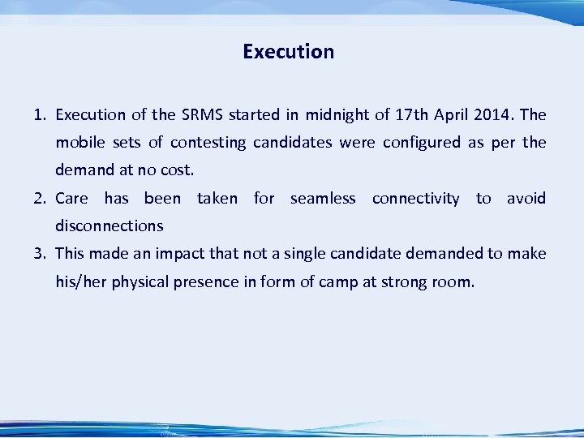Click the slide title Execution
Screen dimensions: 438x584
[288, 52]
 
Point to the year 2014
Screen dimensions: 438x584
[484, 115]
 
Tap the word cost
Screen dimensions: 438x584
[178, 170]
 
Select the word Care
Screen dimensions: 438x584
[71, 199]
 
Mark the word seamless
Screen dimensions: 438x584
[323, 199]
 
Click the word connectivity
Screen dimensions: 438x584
[415, 199]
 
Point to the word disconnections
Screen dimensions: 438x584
[109, 225]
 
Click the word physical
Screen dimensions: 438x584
[144, 282]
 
